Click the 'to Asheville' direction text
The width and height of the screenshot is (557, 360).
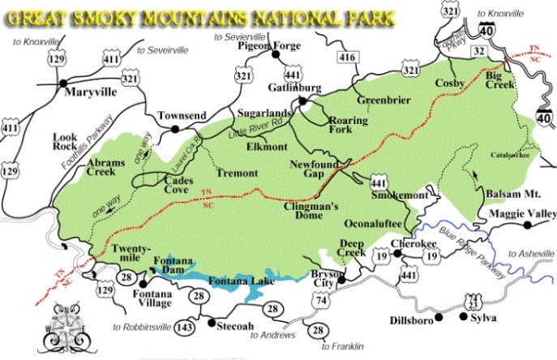531,254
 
